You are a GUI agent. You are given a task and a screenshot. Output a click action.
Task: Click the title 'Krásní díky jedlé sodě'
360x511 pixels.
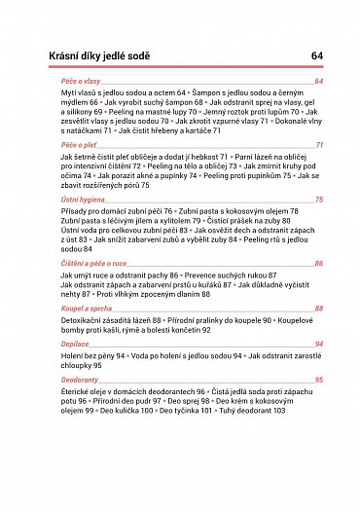pyautogui.click(x=96, y=57)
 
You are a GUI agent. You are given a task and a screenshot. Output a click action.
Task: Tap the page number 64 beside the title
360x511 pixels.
pyautogui.click(x=317, y=57)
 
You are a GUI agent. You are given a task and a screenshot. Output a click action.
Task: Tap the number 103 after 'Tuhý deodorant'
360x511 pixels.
pyautogui.click(x=279, y=411)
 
